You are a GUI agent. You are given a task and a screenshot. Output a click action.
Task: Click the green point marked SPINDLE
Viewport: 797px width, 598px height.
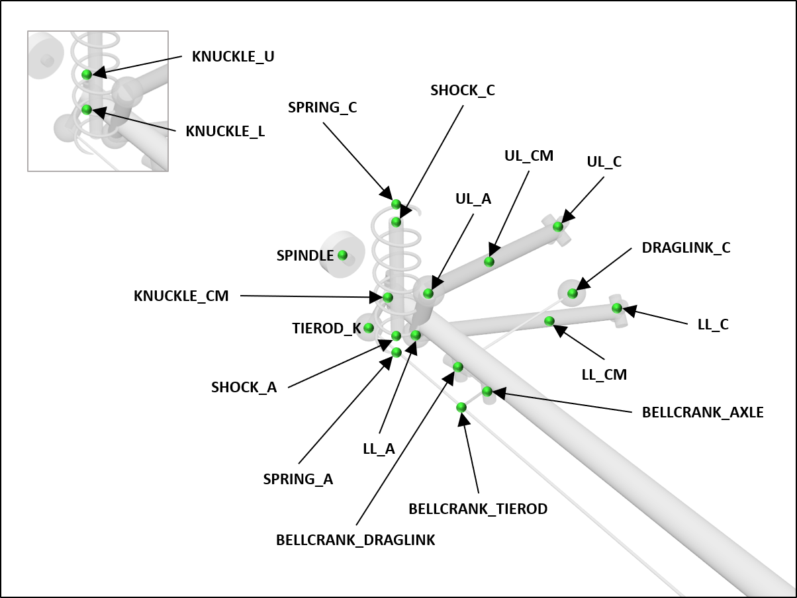point(342,255)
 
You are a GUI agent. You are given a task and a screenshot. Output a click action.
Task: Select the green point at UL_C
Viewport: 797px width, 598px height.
point(558,226)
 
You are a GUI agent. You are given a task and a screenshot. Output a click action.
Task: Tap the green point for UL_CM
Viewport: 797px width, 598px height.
point(489,261)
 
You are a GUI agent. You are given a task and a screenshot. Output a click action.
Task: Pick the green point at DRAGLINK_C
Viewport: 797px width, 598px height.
point(573,293)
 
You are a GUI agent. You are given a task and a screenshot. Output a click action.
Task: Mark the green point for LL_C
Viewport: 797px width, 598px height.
point(617,308)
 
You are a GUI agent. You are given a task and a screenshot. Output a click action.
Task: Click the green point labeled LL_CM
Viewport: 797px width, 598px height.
point(549,321)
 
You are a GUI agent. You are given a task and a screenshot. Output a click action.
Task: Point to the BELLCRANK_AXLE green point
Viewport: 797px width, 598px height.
point(487,391)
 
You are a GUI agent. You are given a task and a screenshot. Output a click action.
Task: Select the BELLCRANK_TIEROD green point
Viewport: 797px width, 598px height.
point(461,407)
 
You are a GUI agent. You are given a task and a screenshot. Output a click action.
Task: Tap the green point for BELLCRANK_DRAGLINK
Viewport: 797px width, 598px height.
point(457,366)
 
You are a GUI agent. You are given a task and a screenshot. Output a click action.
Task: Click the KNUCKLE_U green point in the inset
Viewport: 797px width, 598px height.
point(87,75)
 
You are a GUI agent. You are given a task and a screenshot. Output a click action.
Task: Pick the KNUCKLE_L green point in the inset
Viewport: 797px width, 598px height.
point(87,109)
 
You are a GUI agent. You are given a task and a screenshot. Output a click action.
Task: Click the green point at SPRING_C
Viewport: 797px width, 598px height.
point(396,204)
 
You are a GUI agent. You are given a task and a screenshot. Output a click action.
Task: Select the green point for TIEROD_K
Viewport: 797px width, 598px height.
point(369,327)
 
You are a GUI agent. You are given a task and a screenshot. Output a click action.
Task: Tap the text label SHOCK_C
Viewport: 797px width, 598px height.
point(463,91)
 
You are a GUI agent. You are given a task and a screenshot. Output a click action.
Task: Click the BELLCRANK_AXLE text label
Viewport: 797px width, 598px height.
point(702,413)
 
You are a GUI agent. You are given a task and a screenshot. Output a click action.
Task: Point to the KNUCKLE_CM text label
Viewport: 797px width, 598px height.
point(181,296)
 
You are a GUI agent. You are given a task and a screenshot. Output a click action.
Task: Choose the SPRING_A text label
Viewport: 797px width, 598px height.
point(298,480)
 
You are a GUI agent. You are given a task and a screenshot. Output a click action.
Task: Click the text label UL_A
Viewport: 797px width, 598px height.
point(473,198)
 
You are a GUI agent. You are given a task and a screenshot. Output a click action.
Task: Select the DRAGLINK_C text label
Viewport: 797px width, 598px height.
point(686,248)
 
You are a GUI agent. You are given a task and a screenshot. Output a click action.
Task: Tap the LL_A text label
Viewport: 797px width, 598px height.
point(379,448)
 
